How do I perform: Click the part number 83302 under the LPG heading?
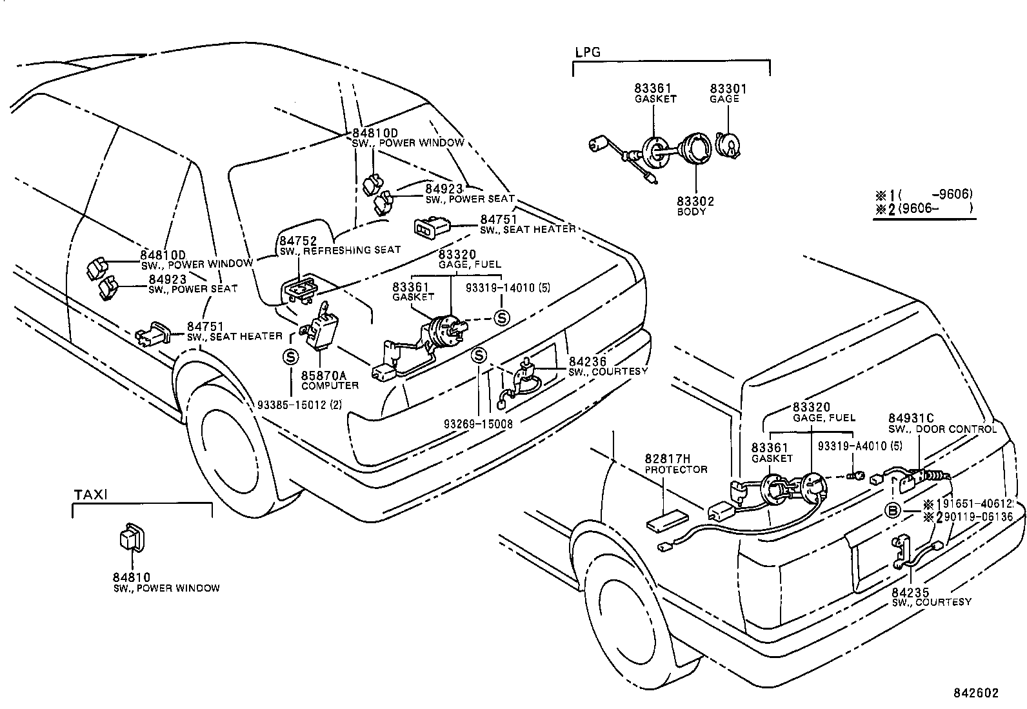click(x=695, y=202)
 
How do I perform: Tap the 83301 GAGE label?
click(x=728, y=94)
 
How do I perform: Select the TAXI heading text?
click(x=90, y=495)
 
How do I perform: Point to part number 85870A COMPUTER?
click(x=329, y=380)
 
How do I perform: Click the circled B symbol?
click(x=892, y=511)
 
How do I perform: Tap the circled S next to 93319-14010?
click(x=501, y=317)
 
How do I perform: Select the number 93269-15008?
click(x=478, y=424)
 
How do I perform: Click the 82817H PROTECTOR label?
click(x=675, y=464)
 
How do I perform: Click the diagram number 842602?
click(x=976, y=694)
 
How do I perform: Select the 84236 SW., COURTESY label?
click(x=606, y=366)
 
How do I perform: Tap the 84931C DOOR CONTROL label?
click(x=942, y=424)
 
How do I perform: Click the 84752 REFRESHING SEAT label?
click(x=339, y=245)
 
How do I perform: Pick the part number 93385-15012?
click(x=299, y=404)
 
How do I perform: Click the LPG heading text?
click(x=587, y=52)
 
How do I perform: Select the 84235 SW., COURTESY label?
click(x=931, y=597)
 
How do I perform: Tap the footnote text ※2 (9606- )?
click(x=922, y=208)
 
